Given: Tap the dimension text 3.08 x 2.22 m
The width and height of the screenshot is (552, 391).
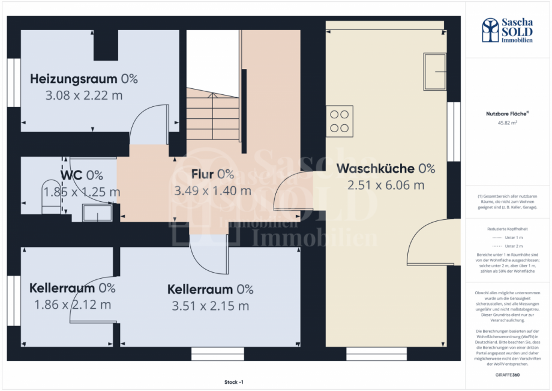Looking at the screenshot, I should point(84,95).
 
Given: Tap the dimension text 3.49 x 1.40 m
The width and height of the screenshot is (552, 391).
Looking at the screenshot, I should point(212,191).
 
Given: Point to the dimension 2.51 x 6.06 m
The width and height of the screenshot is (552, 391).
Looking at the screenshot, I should point(385,185).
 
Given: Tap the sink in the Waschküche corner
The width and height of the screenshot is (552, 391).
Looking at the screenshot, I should point(434,71).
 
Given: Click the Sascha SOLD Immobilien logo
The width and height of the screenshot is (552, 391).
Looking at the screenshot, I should point(507,30).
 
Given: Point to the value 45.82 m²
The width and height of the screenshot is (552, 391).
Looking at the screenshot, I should point(507,123).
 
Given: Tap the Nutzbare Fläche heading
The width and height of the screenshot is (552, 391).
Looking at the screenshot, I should point(507,113).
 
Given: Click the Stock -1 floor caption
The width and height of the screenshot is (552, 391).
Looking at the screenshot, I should point(234,382).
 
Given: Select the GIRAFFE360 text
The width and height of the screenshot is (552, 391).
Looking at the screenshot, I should point(507,374).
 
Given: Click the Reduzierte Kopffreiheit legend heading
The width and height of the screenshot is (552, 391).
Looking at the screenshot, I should point(507,229).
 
